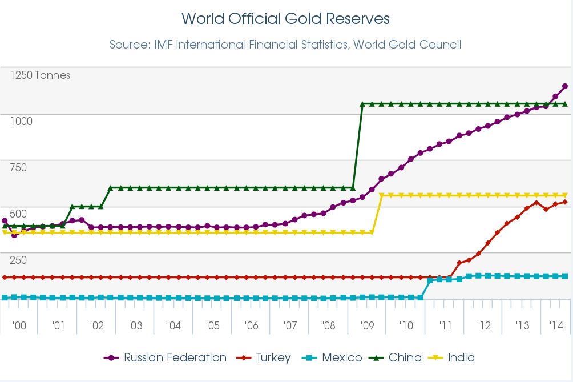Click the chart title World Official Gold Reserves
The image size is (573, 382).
(x=285, y=18)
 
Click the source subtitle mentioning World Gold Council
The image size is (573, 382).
(x=285, y=44)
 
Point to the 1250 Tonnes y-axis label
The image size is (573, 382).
(x=40, y=75)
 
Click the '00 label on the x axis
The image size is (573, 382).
(x=19, y=326)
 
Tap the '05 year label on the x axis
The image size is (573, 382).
(x=212, y=326)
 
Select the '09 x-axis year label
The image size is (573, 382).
(x=367, y=326)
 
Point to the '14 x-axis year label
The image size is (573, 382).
(x=556, y=326)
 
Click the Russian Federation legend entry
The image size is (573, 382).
(x=166, y=358)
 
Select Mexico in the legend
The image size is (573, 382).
(x=335, y=358)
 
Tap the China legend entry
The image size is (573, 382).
(x=398, y=358)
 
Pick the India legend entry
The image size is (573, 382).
(x=454, y=358)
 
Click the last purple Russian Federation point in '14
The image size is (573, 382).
(x=565, y=86)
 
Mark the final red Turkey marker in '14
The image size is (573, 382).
(x=565, y=202)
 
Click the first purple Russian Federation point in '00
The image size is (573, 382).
(x=5, y=220)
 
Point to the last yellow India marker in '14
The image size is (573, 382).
(x=565, y=195)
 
